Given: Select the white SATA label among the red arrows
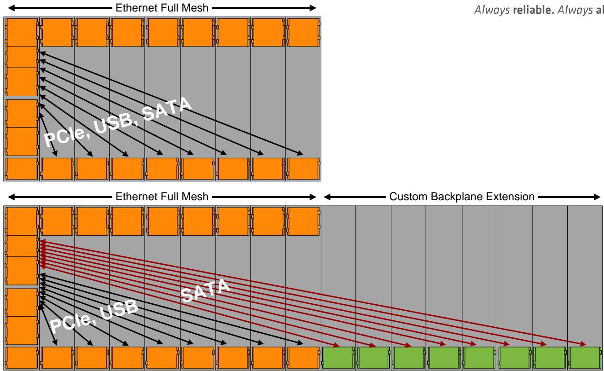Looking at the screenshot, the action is pyautogui.click(x=205, y=290).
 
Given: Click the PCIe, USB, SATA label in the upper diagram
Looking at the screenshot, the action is pyautogui.click(x=118, y=122).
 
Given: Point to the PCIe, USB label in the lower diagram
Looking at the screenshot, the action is pyautogui.click(x=94, y=316).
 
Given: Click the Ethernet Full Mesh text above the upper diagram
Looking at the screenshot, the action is pyautogui.click(x=162, y=8).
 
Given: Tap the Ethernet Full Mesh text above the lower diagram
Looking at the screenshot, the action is pyautogui.click(x=162, y=197).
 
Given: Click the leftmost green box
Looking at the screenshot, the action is pyautogui.click(x=338, y=358).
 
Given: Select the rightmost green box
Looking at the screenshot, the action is pyautogui.click(x=585, y=358).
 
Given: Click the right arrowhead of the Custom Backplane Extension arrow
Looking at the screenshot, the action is pyautogui.click(x=597, y=197).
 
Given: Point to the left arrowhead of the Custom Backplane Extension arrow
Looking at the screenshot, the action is pyautogui.click(x=327, y=197).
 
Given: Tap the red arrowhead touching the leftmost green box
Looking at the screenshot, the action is pyautogui.click(x=336, y=345).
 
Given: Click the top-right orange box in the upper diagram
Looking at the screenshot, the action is pyautogui.click(x=303, y=32).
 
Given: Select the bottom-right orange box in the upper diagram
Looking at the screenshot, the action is pyautogui.click(x=303, y=169).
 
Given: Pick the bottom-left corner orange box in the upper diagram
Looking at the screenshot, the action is pyautogui.click(x=22, y=169).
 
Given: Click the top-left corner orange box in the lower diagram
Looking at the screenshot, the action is pyautogui.click(x=22, y=221).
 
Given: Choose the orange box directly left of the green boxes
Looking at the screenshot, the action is pyautogui.click(x=303, y=358).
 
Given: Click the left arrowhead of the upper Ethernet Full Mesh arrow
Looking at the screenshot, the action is pyautogui.click(x=12, y=8).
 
